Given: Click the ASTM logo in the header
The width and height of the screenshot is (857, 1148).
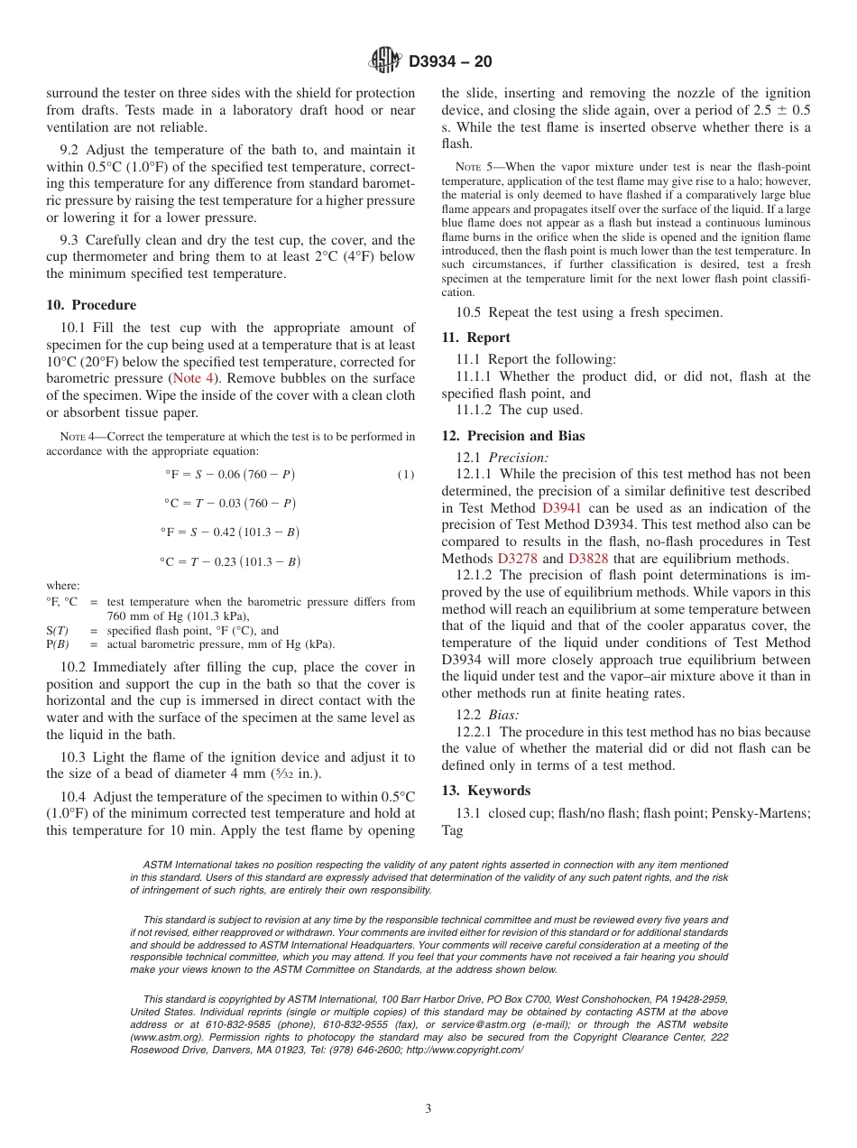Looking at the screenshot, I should (x=385, y=61).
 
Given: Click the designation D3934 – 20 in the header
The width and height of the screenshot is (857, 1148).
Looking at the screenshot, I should (x=450, y=62).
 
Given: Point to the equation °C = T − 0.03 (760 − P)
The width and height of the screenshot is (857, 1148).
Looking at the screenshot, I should (x=229, y=504).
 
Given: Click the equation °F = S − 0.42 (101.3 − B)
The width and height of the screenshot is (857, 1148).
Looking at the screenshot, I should (x=229, y=532).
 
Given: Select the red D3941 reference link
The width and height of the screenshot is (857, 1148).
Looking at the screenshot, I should (x=561, y=508).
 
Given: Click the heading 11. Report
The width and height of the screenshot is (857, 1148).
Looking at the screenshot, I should (x=475, y=338).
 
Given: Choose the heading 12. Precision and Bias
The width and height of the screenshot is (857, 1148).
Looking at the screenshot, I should (x=512, y=436).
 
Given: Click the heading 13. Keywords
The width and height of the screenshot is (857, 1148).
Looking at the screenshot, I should (x=485, y=791).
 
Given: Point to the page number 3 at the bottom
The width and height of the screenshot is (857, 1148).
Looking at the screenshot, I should (x=428, y=1109).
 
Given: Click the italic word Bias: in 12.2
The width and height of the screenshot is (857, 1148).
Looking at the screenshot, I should (x=503, y=715).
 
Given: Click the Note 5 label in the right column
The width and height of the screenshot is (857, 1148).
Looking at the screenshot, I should (x=463, y=167).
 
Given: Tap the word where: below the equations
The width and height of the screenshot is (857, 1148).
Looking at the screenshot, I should (x=62, y=586).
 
